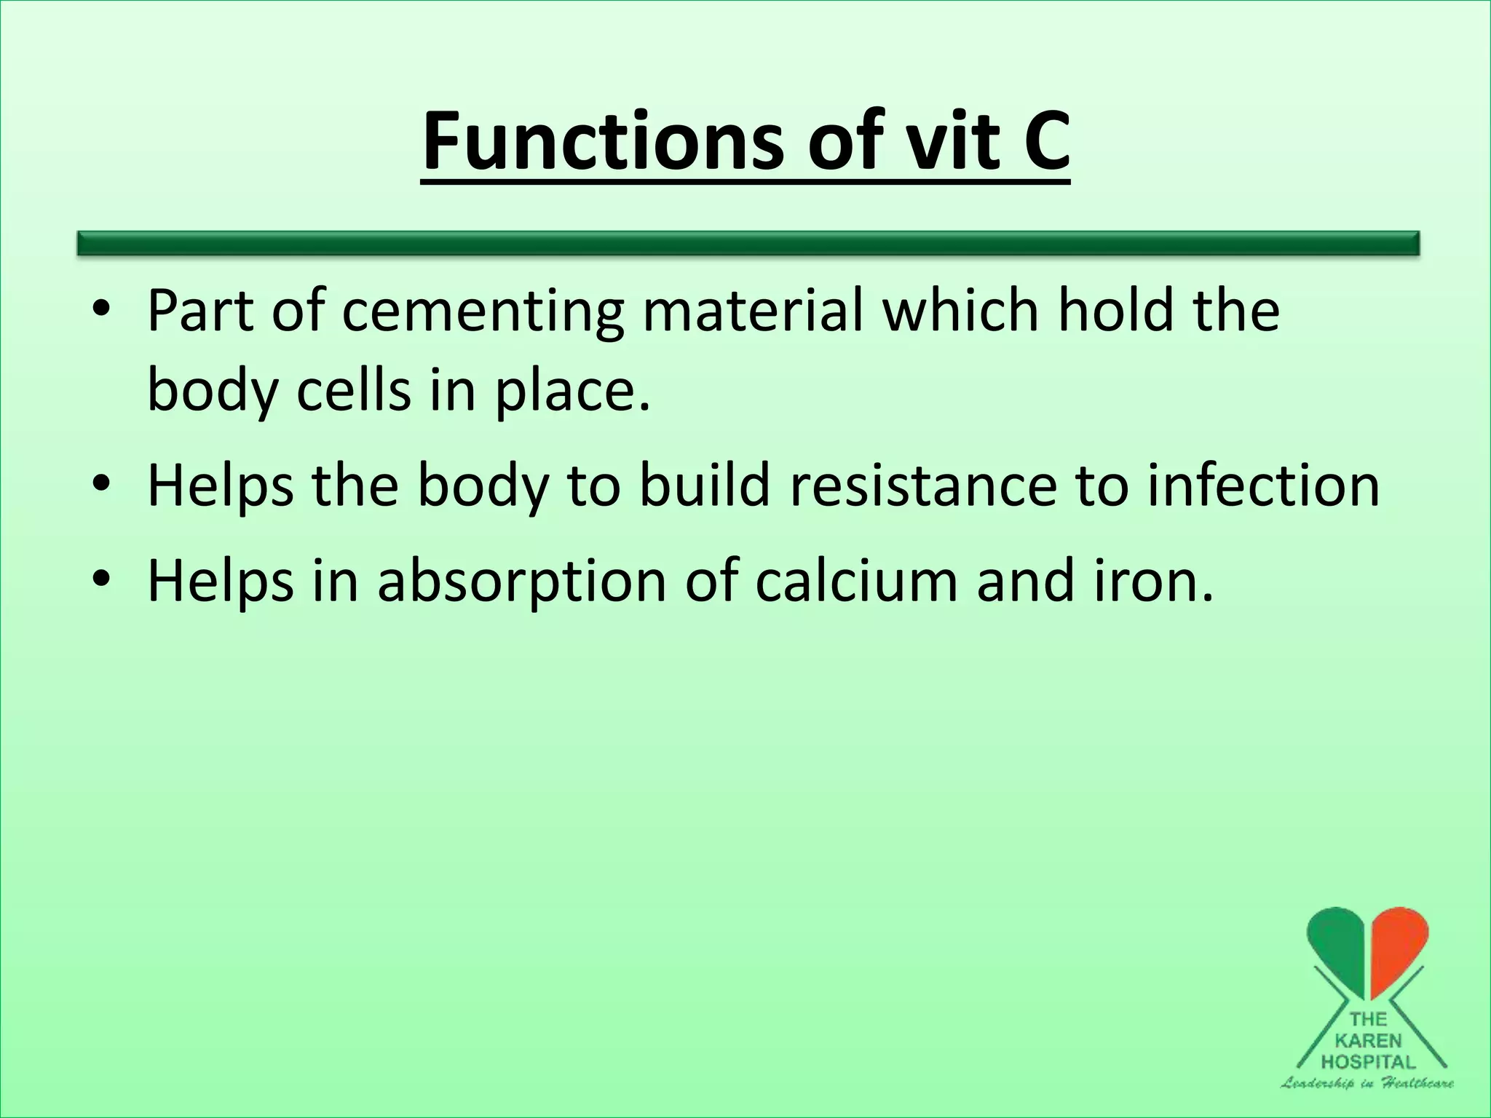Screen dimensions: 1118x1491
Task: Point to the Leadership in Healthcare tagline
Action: (1367, 1084)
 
